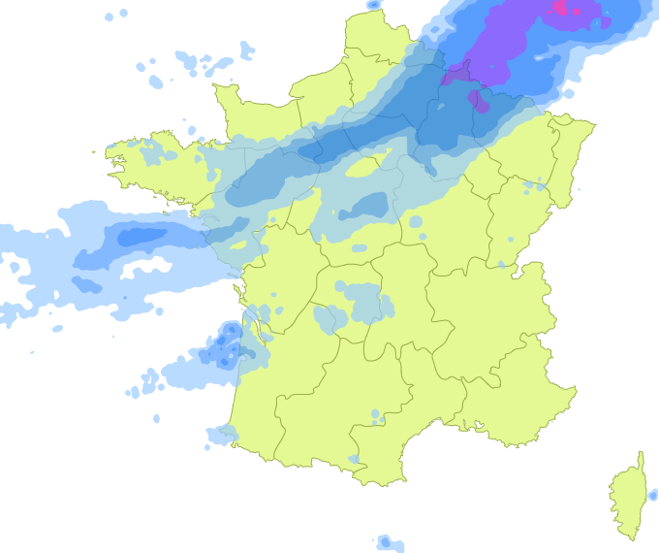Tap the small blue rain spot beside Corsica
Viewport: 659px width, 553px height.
point(653,495)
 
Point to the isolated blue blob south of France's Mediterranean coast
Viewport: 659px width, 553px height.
point(388,541)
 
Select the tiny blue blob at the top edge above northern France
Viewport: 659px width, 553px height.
point(374,5)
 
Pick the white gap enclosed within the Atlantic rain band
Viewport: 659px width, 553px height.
point(145,265)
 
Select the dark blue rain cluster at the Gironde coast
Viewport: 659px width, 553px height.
point(228,345)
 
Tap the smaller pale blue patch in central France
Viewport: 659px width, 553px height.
point(329,317)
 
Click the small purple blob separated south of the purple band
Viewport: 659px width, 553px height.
point(477,98)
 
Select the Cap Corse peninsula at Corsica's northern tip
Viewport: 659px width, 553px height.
point(641,460)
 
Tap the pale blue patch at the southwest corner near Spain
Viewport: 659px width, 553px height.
point(222,435)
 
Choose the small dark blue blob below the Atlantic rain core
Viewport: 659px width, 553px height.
point(86,284)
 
